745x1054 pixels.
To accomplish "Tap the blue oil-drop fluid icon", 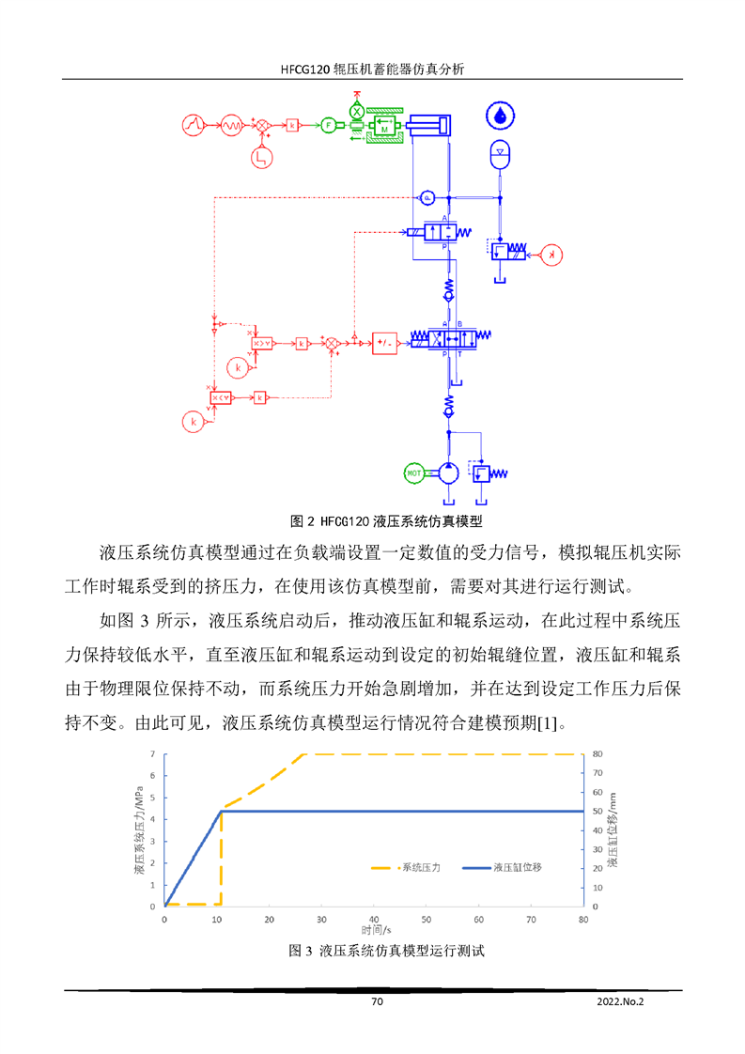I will (x=500, y=116).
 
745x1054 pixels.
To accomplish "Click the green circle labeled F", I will (x=329, y=125).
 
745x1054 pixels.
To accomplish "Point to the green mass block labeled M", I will (x=384, y=127).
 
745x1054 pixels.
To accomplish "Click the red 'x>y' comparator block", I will (x=261, y=344).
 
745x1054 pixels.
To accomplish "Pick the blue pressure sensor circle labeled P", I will (x=426, y=197).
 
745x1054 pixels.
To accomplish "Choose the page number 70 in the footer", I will (x=377, y=1002).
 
